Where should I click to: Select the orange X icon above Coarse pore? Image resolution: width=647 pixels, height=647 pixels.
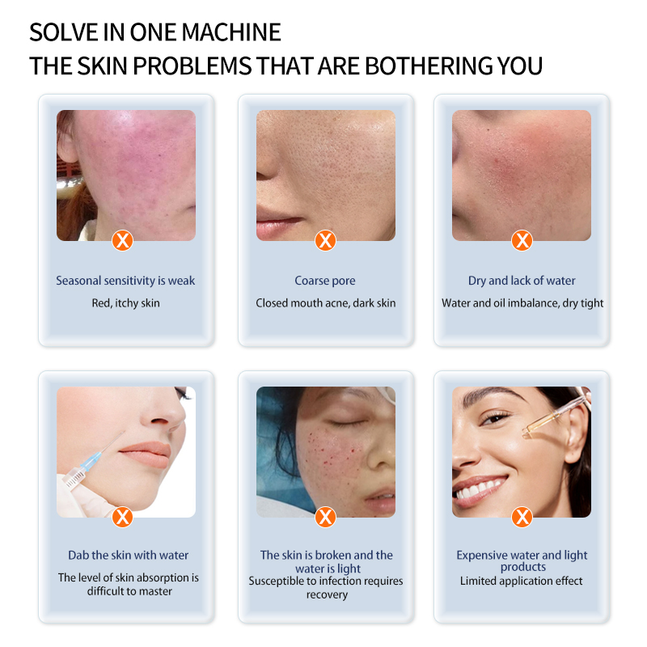click(x=325, y=240)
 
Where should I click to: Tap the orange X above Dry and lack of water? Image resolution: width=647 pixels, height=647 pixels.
click(x=522, y=240)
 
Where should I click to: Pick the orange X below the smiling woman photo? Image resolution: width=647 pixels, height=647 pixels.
click(x=522, y=516)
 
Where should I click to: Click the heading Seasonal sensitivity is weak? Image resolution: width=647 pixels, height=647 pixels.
click(x=125, y=281)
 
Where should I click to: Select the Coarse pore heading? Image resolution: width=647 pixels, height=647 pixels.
click(x=325, y=281)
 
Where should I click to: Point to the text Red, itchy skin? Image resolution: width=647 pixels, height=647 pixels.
click(x=125, y=303)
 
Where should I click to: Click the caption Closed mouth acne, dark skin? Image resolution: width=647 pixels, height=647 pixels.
click(x=325, y=303)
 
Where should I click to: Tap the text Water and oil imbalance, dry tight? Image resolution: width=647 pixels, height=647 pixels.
click(x=522, y=303)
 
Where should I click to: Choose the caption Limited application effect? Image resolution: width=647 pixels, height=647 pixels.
click(x=522, y=581)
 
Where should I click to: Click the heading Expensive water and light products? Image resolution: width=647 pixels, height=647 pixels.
click(x=522, y=560)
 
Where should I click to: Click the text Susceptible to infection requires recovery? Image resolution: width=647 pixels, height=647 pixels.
click(x=325, y=587)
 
